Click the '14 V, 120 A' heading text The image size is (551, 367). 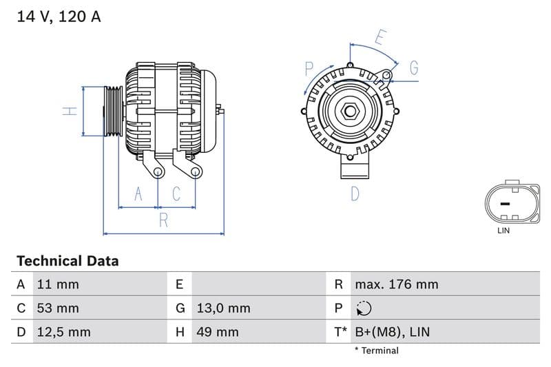click(x=59, y=17)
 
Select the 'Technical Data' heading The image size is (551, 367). click(x=67, y=261)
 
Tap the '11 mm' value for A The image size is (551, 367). click(x=58, y=284)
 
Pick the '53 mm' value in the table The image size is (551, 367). click(x=58, y=308)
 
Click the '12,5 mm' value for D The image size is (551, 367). click(x=63, y=332)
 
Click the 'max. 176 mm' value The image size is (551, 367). click(x=396, y=284)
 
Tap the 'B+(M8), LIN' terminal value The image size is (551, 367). click(x=392, y=332)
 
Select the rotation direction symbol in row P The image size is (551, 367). click(x=364, y=308)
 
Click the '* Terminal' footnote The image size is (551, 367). click(x=376, y=350)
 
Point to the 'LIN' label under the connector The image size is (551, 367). click(x=503, y=231)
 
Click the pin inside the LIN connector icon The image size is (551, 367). click(x=503, y=204)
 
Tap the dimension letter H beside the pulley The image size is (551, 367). click(x=70, y=111)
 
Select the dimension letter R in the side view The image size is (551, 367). click(x=163, y=220)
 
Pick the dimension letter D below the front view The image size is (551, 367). click(x=355, y=194)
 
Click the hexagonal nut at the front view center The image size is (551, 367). click(x=350, y=111)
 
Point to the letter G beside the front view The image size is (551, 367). click(x=414, y=67)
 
